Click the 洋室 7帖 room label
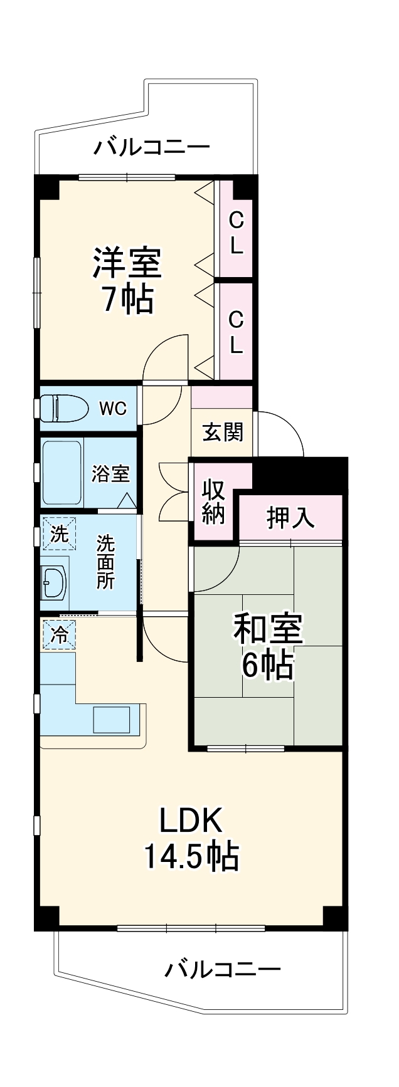coord(127,280)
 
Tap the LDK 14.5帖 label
coord(191,839)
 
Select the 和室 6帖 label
coord(268,647)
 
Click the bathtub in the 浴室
coord(61,473)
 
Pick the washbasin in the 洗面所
coord(55,582)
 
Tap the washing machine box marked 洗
coord(58,535)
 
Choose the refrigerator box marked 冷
coord(58,635)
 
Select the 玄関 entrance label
coord(222,432)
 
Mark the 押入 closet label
coord(290,517)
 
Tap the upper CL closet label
coord(235,232)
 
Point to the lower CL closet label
coord(235,332)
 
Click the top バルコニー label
coord(152,149)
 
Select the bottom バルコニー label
coord(222,970)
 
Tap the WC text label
coord(113,409)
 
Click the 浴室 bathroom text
coord(110,474)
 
